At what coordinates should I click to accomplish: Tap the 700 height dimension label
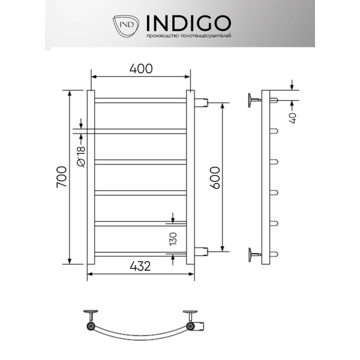[61, 177]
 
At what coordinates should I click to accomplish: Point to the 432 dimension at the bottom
[139, 266]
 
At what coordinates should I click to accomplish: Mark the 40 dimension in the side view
[293, 115]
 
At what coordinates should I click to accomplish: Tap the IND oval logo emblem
[126, 25]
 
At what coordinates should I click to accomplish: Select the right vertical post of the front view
[190, 177]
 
